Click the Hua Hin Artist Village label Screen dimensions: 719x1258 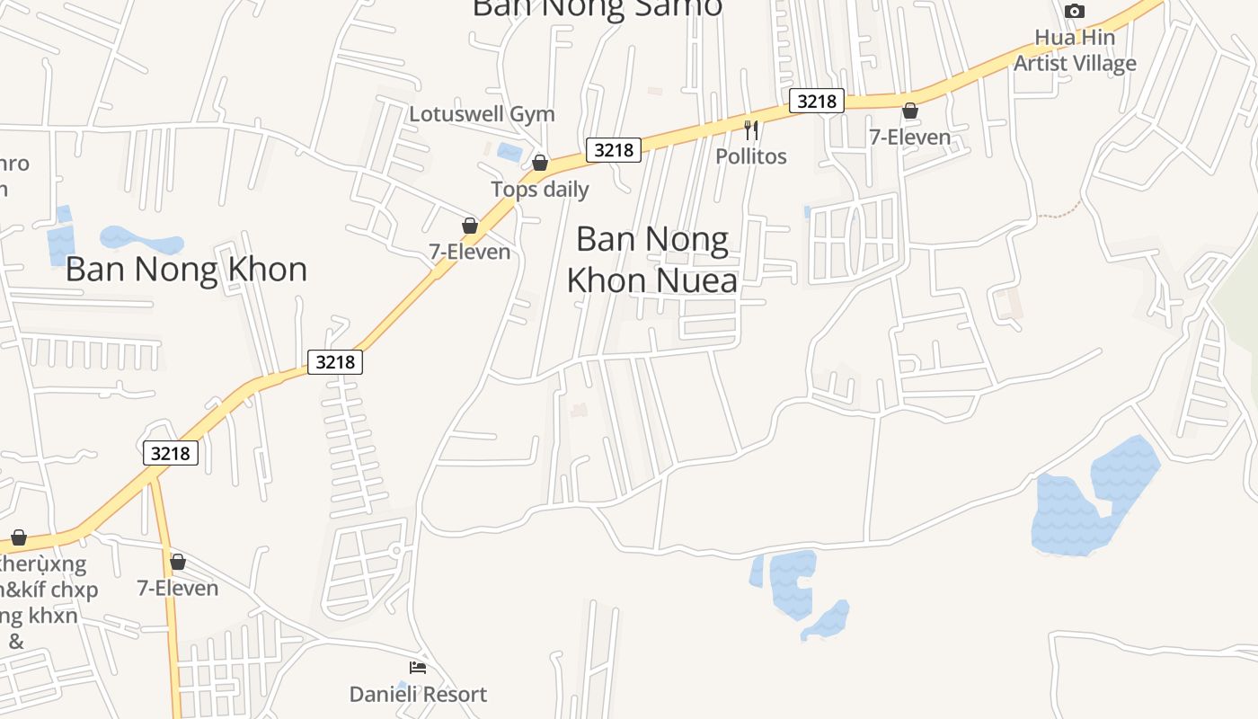[x=1075, y=50]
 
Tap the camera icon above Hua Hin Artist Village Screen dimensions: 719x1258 [x=1074, y=12]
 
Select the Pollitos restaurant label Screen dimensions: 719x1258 [x=750, y=155]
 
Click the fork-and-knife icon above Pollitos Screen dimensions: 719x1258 [x=751, y=130]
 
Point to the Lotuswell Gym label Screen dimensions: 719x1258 [x=482, y=114]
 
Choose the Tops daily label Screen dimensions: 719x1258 [x=539, y=189]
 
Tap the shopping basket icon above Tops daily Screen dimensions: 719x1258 [x=540, y=163]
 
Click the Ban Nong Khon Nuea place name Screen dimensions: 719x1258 [x=652, y=260]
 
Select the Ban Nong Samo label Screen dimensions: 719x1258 [x=597, y=8]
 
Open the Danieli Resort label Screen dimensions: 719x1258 [x=418, y=694]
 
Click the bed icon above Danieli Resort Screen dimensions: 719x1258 [x=418, y=667]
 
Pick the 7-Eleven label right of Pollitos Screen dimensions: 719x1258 [x=909, y=137]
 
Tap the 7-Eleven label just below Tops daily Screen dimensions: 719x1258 [x=469, y=252]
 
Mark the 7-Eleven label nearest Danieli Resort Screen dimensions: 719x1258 [x=177, y=588]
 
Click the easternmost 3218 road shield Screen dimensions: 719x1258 [x=816, y=101]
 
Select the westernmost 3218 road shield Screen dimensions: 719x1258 [x=170, y=453]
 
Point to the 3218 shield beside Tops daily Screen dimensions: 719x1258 [x=614, y=150]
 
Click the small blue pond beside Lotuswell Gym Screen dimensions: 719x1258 [x=509, y=152]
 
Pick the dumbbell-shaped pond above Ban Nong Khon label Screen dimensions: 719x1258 [x=141, y=240]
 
